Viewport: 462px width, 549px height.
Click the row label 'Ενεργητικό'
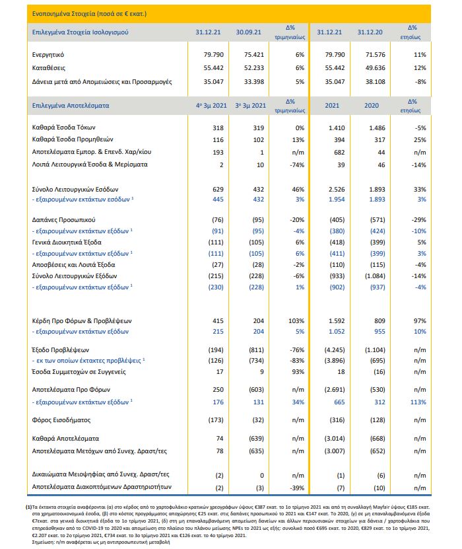tap(52, 55)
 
